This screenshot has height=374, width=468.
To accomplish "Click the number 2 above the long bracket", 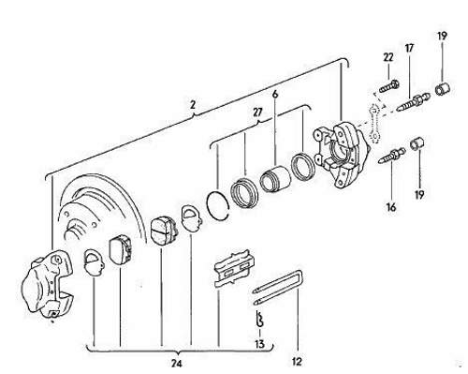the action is pyautogui.click(x=193, y=105).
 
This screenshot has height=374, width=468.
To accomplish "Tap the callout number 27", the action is pyautogui.click(x=258, y=112).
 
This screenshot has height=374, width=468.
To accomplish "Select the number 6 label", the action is pyautogui.click(x=275, y=94).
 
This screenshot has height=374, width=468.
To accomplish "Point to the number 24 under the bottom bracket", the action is pyautogui.click(x=177, y=363).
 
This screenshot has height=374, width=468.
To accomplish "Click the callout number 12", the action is pyautogui.click(x=298, y=362).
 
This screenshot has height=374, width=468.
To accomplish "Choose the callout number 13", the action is pyautogui.click(x=259, y=344).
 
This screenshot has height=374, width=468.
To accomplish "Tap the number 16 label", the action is pyautogui.click(x=391, y=207).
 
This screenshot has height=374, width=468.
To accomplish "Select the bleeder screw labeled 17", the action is pyautogui.click(x=414, y=100).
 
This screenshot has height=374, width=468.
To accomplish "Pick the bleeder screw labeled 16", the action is pyautogui.click(x=391, y=155).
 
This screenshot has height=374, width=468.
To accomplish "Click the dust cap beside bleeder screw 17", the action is pyautogui.click(x=443, y=88).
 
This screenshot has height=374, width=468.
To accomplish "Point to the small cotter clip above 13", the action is pyautogui.click(x=259, y=319).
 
